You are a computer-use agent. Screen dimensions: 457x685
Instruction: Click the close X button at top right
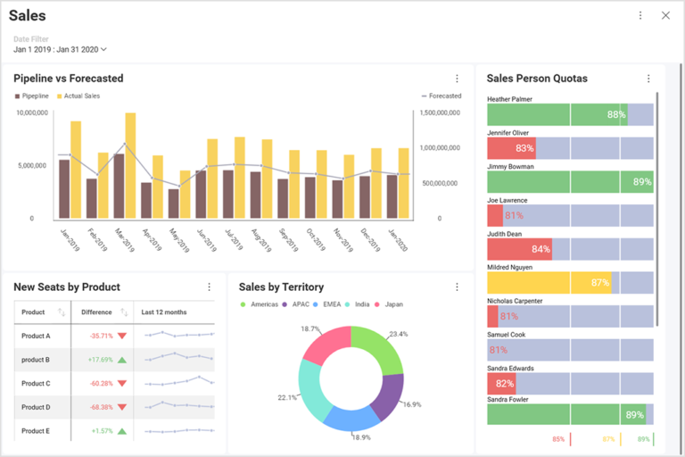pos(665,15)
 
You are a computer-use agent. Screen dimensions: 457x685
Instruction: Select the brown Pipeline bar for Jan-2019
pos(64,189)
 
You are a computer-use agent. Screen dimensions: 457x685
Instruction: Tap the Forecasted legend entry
pos(442,96)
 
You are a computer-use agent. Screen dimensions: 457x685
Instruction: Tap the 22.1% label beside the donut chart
pos(287,397)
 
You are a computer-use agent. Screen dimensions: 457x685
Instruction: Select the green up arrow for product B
pos(122,360)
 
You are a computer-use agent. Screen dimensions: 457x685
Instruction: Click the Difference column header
pos(96,312)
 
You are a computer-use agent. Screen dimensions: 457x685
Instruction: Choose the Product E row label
pos(36,431)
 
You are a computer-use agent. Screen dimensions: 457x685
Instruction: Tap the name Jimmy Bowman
pos(510,166)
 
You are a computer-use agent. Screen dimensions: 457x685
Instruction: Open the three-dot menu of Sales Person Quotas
pos(648,79)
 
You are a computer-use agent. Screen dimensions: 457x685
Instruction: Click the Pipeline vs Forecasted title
pos(69,79)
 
